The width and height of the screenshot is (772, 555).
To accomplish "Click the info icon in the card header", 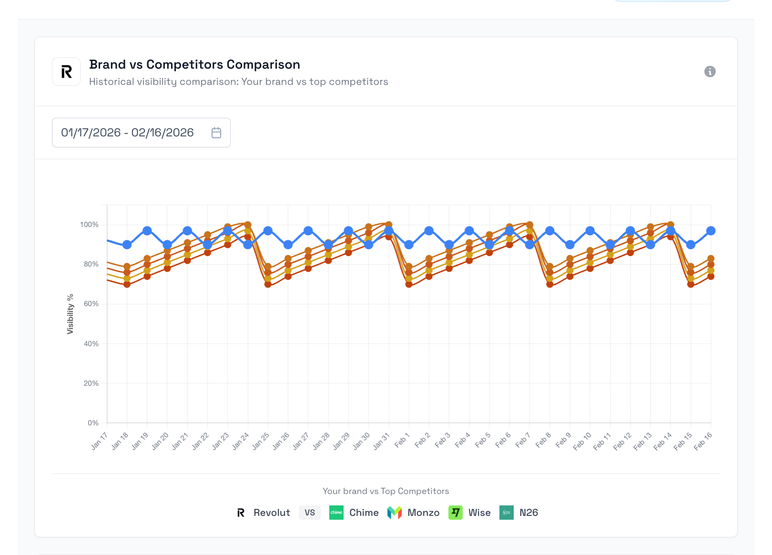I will click(710, 72).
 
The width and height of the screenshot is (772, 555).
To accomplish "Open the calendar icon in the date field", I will click(216, 133).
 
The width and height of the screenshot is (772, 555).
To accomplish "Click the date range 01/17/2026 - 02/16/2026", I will click(127, 133).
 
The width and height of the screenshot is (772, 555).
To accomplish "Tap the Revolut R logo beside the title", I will click(66, 72).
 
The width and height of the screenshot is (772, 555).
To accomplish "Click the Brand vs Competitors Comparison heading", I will click(194, 64).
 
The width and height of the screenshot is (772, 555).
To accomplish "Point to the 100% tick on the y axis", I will click(89, 225).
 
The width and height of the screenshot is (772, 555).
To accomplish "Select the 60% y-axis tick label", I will click(91, 304).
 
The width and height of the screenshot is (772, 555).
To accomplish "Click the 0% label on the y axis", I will click(93, 423).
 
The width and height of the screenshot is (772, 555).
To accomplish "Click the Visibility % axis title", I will click(71, 314).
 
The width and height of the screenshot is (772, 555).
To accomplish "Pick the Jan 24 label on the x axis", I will click(241, 441).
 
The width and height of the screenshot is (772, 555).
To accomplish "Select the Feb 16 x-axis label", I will click(703, 441).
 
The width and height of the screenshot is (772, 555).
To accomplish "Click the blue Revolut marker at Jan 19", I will click(147, 231).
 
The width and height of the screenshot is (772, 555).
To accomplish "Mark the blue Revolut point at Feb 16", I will click(711, 231).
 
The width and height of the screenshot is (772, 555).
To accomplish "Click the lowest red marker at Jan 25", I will click(268, 284).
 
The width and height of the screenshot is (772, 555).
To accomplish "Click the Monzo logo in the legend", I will click(395, 513).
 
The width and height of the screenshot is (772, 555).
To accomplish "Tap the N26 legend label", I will click(528, 513).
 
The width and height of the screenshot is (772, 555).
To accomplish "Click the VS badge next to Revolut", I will click(310, 513).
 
